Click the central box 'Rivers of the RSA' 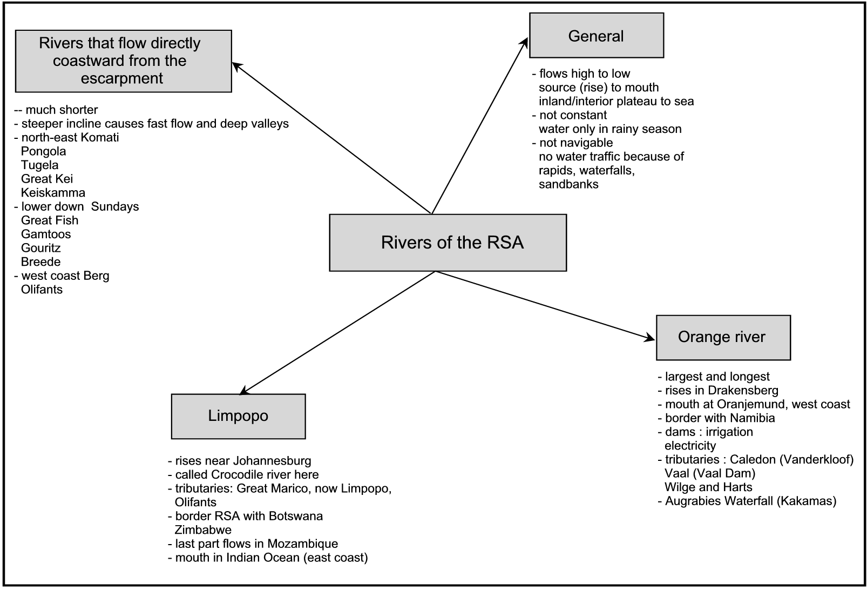click(x=448, y=243)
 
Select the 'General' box click(x=597, y=35)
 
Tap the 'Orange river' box click(x=723, y=338)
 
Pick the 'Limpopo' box click(x=239, y=417)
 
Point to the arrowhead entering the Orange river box click(x=649, y=338)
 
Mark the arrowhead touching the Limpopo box click(x=245, y=391)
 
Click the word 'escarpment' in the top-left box click(x=122, y=78)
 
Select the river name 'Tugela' click(x=39, y=165)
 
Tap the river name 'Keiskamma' click(x=53, y=192)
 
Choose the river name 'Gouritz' click(x=40, y=248)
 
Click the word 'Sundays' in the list click(x=115, y=206)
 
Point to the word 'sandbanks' click(x=568, y=184)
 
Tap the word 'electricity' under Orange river click(x=690, y=446)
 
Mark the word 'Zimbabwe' click(x=203, y=529)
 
